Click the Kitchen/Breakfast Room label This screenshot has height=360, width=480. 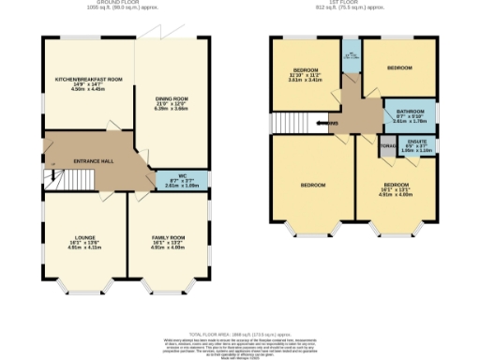(x=89, y=80)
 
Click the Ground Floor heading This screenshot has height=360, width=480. (x=125, y=4)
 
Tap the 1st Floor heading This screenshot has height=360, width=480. (x=353, y=4)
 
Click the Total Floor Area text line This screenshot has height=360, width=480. (x=241, y=334)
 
